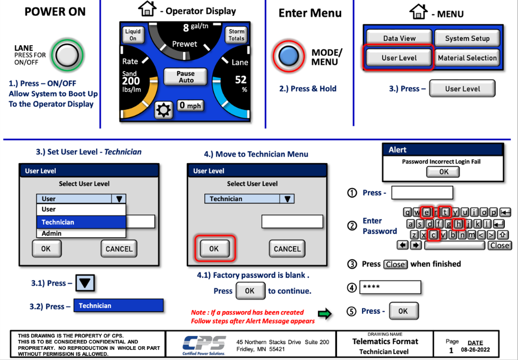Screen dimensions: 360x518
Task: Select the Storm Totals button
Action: click(236, 35)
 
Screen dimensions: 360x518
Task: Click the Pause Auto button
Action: click(185, 77)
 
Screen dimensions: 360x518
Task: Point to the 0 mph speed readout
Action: click(190, 106)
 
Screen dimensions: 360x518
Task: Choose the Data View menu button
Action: click(399, 38)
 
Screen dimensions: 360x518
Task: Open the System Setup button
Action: click(467, 38)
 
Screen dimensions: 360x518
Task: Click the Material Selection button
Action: click(467, 58)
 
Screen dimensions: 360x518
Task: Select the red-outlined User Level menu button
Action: click(399, 58)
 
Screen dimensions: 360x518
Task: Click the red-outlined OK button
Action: click(214, 248)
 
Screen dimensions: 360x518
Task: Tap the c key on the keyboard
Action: click(434, 235)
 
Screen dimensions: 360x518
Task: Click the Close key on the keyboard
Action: click(499, 245)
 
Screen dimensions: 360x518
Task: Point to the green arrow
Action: click(325, 314)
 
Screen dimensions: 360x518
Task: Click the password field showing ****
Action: click(390, 287)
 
